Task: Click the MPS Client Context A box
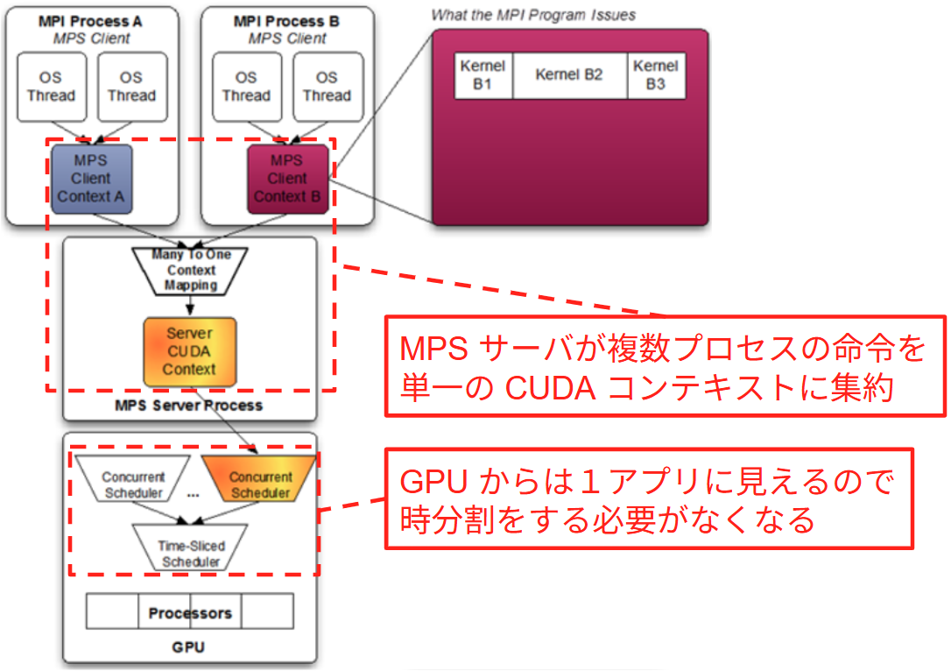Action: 91,180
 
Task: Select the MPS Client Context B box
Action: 287,180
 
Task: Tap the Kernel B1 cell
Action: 483,75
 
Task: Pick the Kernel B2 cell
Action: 569,75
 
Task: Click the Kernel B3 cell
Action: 656,75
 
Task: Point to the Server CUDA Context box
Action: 189,351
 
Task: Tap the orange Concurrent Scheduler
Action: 260,484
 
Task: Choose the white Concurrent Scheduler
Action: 132,484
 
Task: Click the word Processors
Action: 190,612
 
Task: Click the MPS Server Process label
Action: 189,406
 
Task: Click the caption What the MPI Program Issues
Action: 533,15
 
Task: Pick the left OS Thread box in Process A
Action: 51,86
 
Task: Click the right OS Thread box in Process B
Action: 327,86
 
